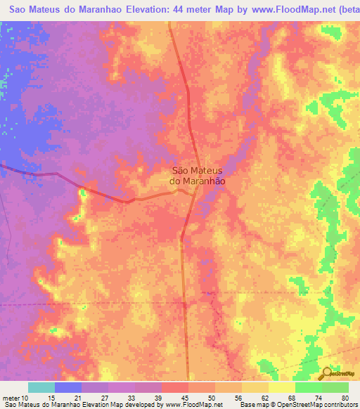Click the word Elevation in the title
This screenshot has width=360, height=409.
pyautogui.click(x=143, y=10)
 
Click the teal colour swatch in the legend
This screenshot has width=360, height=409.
pyautogui.click(x=41, y=387)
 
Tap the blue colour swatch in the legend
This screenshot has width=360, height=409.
pyautogui.click(x=68, y=387)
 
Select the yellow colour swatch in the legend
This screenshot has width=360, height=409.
pyautogui.click(x=282, y=387)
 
